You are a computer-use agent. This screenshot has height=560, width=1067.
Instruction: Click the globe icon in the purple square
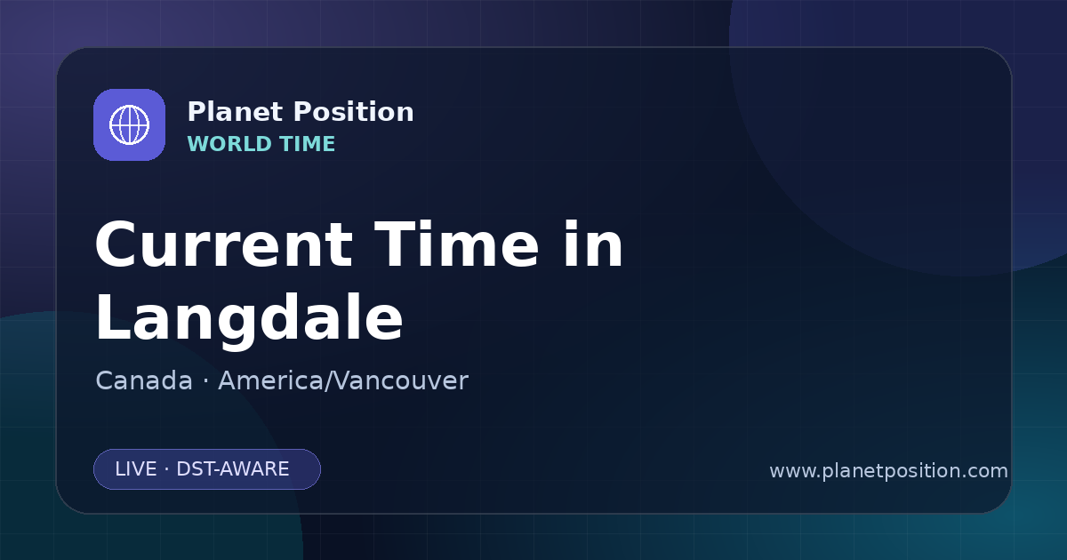(x=129, y=124)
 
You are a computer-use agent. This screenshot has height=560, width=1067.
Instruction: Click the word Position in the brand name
(x=354, y=112)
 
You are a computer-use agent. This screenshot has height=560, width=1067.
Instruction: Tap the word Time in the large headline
(x=456, y=244)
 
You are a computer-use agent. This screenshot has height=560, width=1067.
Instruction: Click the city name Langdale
(x=249, y=318)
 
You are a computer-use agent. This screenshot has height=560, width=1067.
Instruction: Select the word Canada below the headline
(x=144, y=381)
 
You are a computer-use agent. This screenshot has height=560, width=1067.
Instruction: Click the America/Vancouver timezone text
(x=343, y=381)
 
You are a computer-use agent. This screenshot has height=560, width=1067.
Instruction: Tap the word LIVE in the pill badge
(x=136, y=469)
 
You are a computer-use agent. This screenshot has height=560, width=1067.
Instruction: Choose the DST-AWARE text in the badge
(x=232, y=469)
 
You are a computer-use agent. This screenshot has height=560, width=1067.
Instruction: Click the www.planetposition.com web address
(x=889, y=471)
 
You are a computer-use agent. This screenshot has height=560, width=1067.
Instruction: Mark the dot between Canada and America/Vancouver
(x=205, y=382)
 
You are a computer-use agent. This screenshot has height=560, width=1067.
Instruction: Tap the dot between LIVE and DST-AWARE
(x=166, y=469)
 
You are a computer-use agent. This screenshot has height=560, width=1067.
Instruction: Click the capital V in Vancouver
(x=339, y=381)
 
